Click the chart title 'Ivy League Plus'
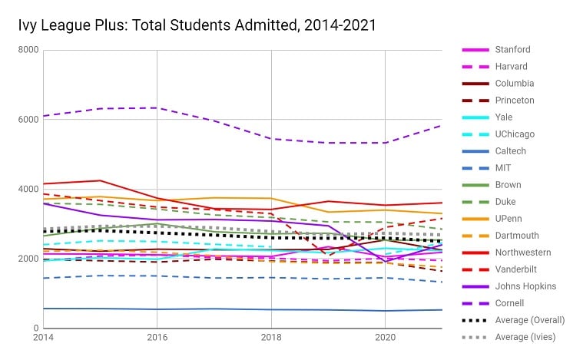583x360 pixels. tap(197, 25)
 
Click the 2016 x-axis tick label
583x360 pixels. tap(157, 338)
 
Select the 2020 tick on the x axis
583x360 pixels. tap(384, 338)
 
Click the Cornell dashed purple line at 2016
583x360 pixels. tap(157, 108)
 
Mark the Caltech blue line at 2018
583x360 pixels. tap(270, 310)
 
